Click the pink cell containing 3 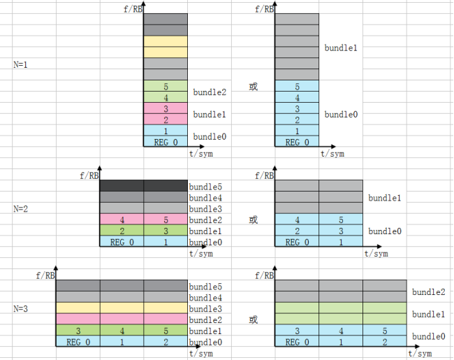coord(166,109)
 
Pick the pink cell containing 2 coord(166,120)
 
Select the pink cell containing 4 coord(122,220)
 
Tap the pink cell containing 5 coord(166,220)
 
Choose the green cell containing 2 coord(122,231)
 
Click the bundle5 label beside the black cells coord(205,187)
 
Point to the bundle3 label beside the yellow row coord(205,309)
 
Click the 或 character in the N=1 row coord(253,87)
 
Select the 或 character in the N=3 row coord(253,320)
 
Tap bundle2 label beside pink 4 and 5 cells coord(205,220)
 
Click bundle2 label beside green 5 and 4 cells coord(210,92)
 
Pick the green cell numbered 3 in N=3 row coord(78,331)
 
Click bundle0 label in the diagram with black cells coord(205,243)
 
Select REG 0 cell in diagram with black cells coord(122,243)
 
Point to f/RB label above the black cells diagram coord(91,175)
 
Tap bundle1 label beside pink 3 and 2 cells coord(210,114)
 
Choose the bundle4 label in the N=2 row coord(205,198)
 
